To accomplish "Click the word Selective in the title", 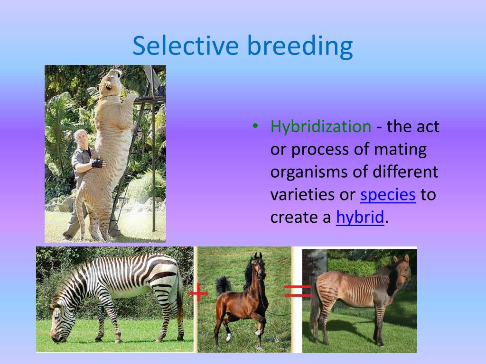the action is pos(186,45).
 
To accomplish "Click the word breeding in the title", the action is pos(300,47).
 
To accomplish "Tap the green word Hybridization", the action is pos(321,127).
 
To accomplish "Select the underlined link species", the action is pos(388,195).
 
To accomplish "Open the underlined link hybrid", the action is pos(360,217).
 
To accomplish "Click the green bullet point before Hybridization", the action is pos(255,126).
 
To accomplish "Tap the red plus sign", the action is pos(198,292).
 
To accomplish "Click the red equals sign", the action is pos(298,291).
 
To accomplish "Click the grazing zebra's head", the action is pos(59,322).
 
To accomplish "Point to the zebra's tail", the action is pos(180,297).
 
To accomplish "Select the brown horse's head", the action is pos(260,266).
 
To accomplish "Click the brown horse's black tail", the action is pos(223,285).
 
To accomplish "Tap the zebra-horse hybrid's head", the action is pos(402,270).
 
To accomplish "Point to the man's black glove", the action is pos(97,163).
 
